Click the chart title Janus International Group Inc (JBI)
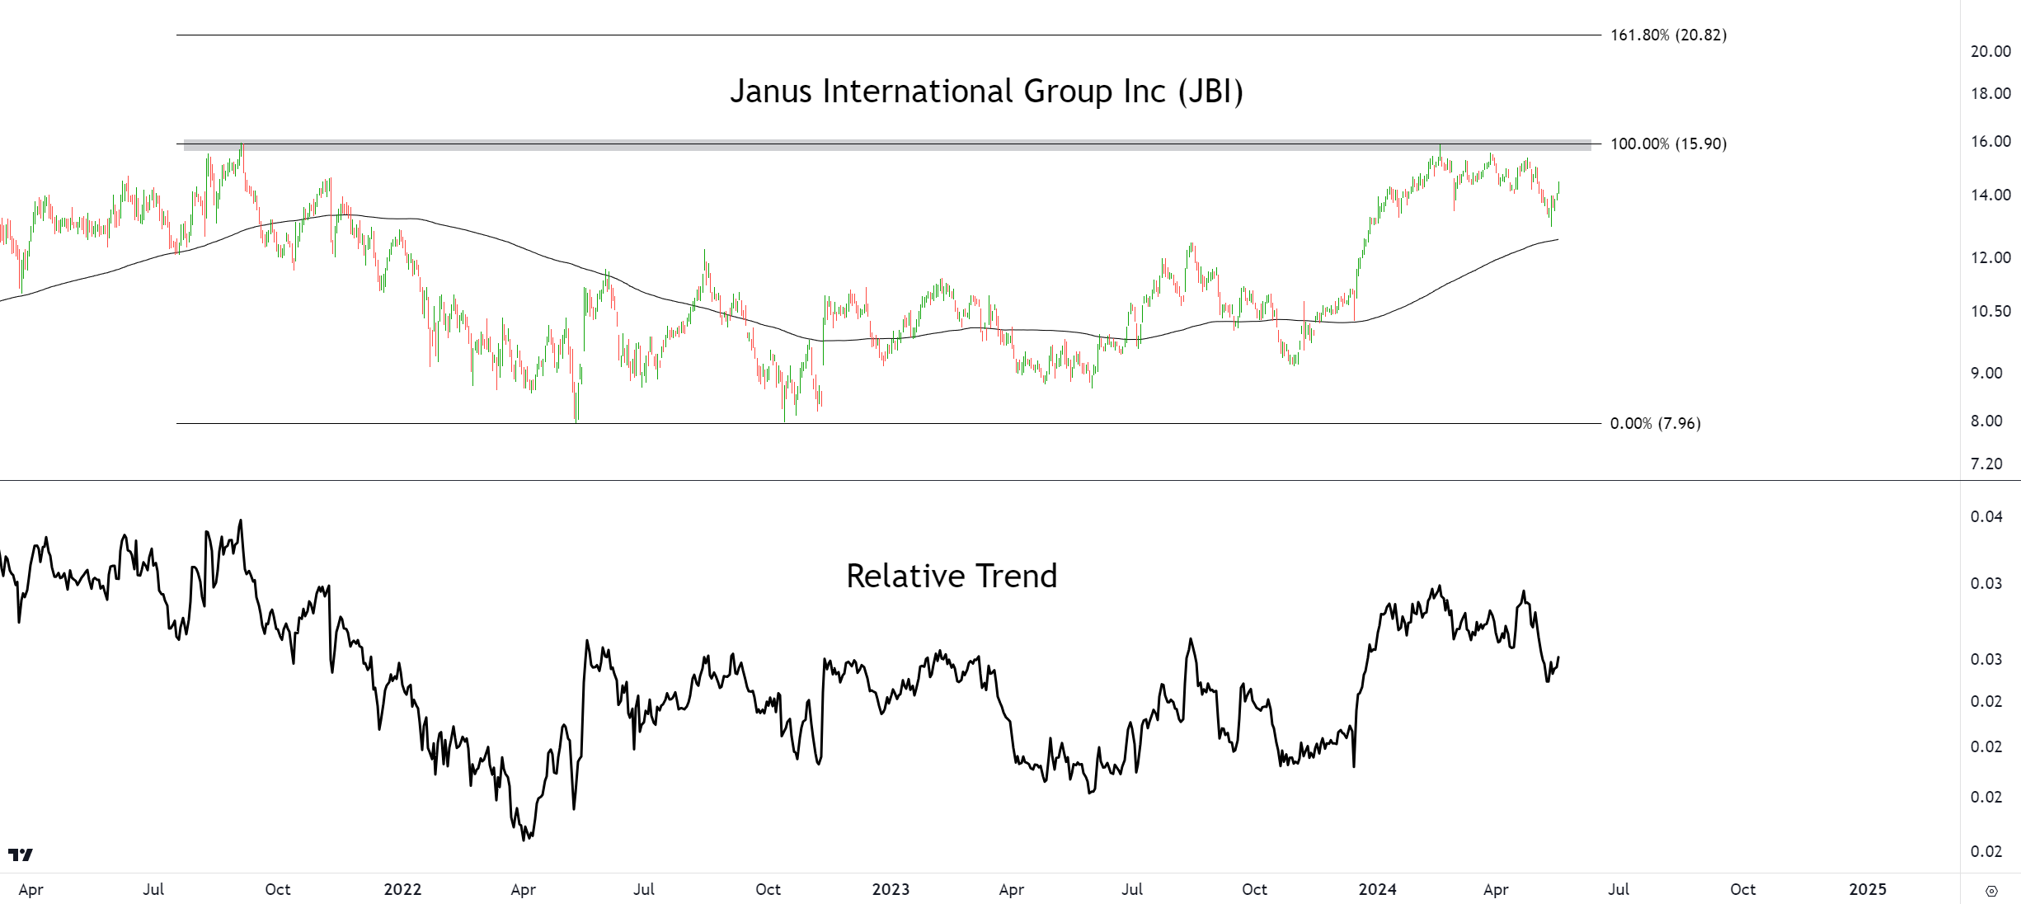(986, 91)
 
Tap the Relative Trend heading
(952, 576)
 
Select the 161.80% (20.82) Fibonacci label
(1668, 35)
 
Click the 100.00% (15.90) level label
(1668, 144)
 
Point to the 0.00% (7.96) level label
(1655, 423)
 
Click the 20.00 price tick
(1990, 51)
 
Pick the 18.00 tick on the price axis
(1990, 93)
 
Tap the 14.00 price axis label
(1990, 195)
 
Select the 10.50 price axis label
(1990, 311)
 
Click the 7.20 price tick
(1986, 464)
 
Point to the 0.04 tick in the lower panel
(1986, 516)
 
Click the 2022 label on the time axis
(402, 889)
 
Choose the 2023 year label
(891, 889)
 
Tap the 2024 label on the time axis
(1377, 889)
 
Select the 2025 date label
(1868, 889)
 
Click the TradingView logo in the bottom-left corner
(21, 855)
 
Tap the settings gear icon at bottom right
(1991, 891)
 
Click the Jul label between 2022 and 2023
(644, 889)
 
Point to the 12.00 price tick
(1990, 257)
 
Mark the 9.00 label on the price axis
(1986, 373)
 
